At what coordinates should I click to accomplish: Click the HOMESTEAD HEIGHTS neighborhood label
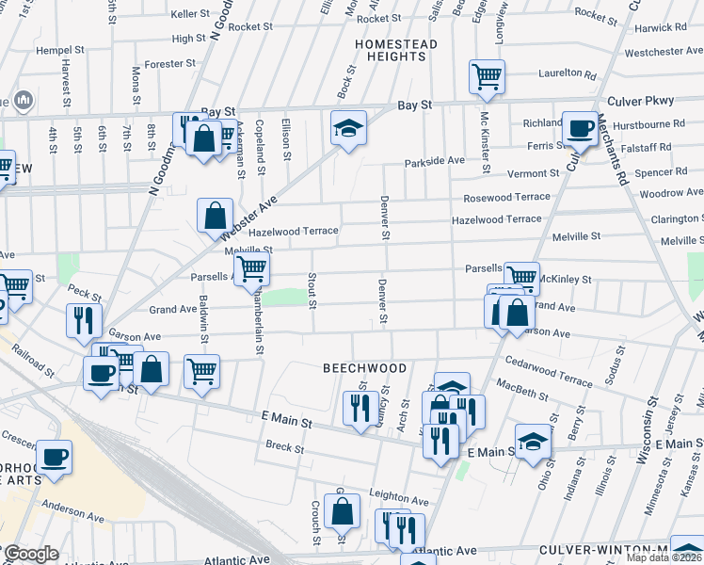[x=391, y=50]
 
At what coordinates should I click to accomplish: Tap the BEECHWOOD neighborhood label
[x=365, y=368]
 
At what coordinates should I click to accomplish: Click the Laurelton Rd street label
[x=567, y=73]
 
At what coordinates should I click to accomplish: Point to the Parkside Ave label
[x=435, y=161]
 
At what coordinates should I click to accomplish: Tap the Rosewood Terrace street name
[x=506, y=198]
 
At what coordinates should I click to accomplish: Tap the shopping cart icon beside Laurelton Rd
[x=487, y=76]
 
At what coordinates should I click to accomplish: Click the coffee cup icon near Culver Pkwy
[x=579, y=128]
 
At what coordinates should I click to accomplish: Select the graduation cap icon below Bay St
[x=348, y=128]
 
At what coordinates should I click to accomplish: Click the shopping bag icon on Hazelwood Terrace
[x=215, y=215]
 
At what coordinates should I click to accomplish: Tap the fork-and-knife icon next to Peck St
[x=84, y=320]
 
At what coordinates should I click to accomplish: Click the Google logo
[x=30, y=554]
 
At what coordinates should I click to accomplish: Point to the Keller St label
[x=190, y=14]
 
